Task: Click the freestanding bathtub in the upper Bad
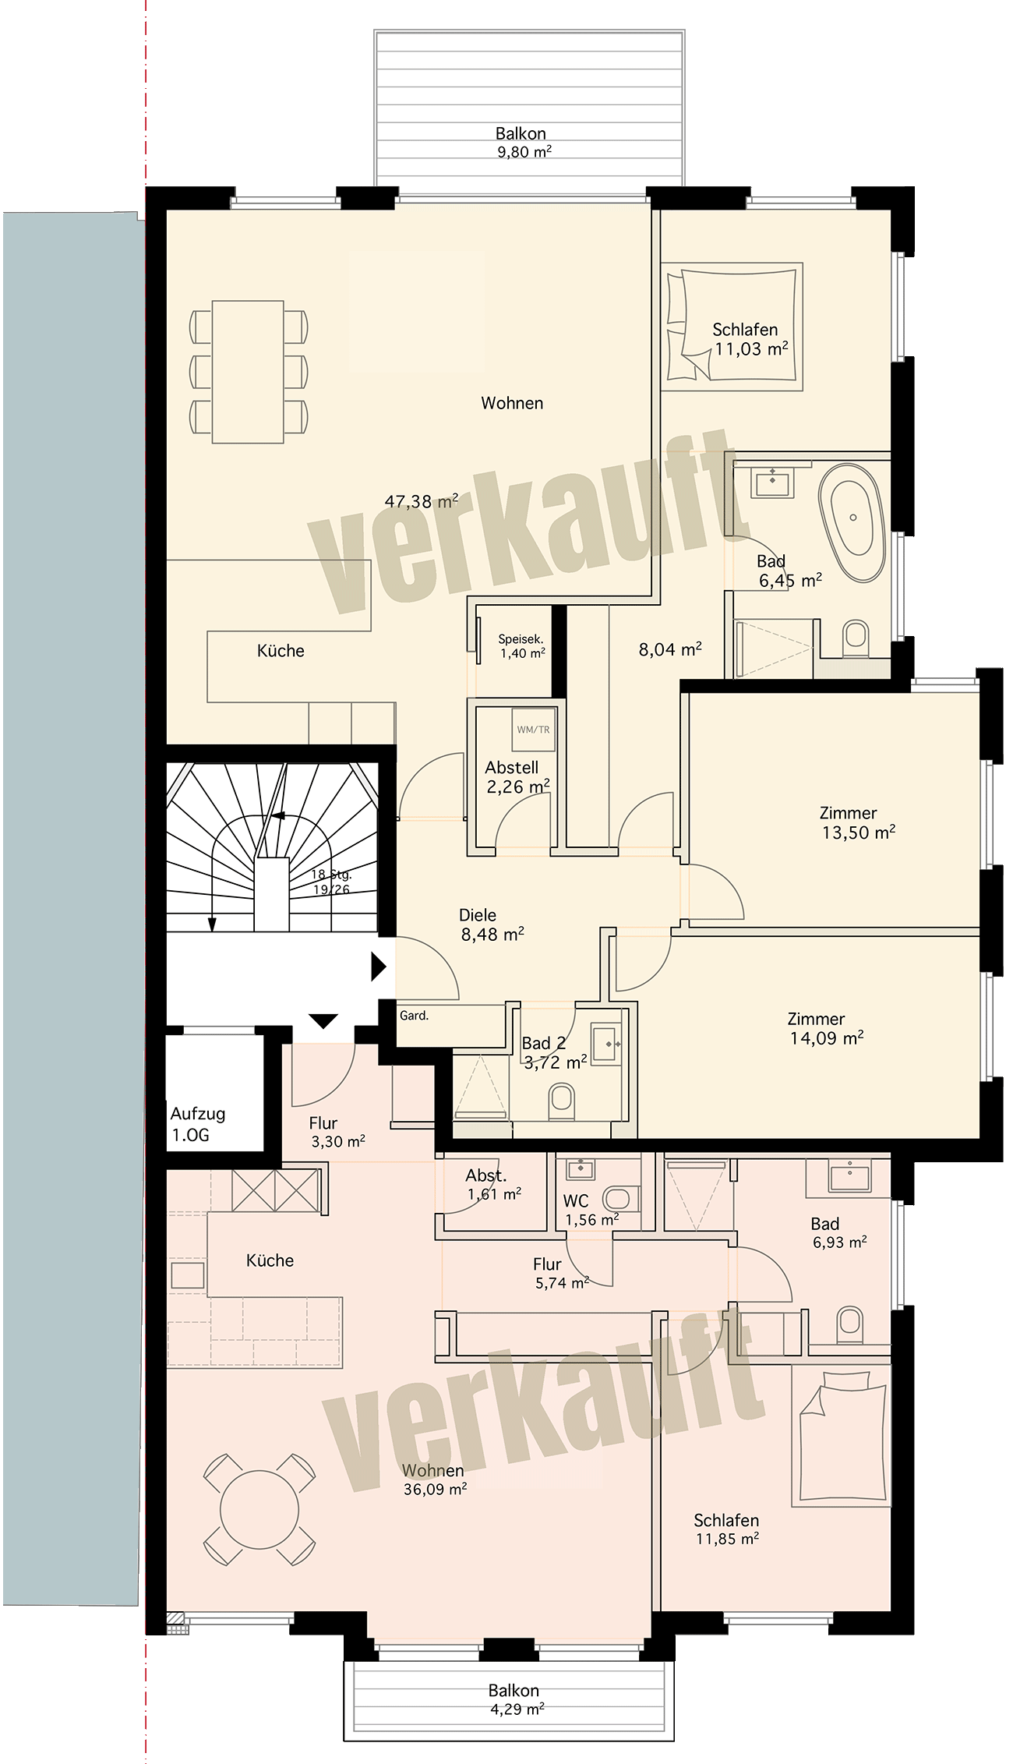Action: (853, 516)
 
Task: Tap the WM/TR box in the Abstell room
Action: (533, 730)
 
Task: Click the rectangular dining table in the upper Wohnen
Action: (248, 372)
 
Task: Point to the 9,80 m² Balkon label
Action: (522, 143)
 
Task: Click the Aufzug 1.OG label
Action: (198, 1124)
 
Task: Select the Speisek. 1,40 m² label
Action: (521, 646)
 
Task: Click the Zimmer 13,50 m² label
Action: (856, 822)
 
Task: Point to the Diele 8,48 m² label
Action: (491, 924)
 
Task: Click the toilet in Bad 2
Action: (560, 1100)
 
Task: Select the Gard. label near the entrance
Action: (414, 1016)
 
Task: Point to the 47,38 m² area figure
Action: (421, 501)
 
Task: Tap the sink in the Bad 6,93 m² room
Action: (849, 1176)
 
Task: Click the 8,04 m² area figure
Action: (671, 649)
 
